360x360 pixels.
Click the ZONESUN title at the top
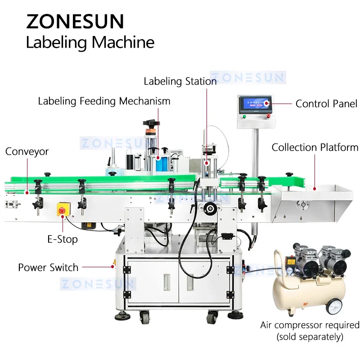[75, 21]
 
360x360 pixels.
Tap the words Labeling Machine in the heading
[90, 43]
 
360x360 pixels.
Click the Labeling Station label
[180, 81]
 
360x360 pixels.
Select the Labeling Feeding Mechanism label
[104, 101]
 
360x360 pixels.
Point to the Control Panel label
[326, 104]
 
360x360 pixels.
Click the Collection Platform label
[315, 148]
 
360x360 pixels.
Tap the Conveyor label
[27, 152]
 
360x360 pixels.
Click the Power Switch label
[48, 267]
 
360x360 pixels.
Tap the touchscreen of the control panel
[255, 104]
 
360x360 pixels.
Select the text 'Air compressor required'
[310, 325]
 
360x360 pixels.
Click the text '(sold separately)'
[310, 336]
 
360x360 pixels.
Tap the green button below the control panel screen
[244, 117]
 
